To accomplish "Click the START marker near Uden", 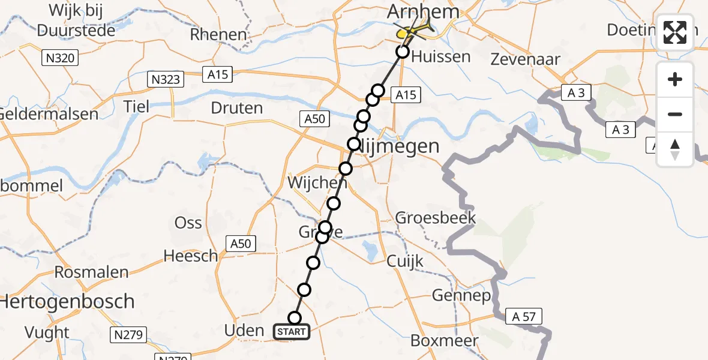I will [x=292, y=332].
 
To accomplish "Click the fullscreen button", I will [x=675, y=32].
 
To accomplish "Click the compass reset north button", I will [x=675, y=149].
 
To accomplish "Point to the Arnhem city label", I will [x=424, y=11].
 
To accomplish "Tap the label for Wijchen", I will [x=317, y=182].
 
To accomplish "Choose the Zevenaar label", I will [x=526, y=59].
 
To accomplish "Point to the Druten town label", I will [x=237, y=109].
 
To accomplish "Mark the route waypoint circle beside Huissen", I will [x=403, y=52].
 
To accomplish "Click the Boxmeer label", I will [x=445, y=341].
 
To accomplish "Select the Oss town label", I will [x=188, y=223].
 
